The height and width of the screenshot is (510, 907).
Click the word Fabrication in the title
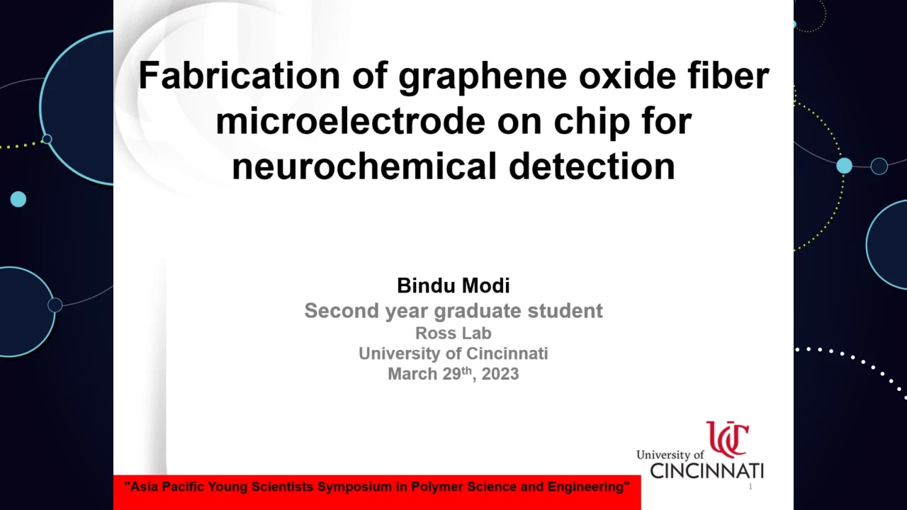pos(240,76)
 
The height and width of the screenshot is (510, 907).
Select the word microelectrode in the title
pos(350,121)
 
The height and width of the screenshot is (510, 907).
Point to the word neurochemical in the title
pos(364,166)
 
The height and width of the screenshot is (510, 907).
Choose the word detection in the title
pos(592,166)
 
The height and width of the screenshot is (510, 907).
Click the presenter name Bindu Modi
pos(453,285)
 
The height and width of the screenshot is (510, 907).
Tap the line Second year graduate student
pos(453,311)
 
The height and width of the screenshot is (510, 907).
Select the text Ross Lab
pos(453,333)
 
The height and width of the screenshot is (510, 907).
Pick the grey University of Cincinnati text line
pos(453,353)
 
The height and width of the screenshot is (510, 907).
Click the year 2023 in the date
pos(500,374)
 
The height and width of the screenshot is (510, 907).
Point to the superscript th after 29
pos(466,370)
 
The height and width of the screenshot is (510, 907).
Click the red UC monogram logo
pos(728,439)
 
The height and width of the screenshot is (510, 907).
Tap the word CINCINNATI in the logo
pos(707,471)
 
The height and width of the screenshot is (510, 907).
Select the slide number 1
pos(750,487)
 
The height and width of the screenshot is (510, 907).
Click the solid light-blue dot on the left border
pos(18,199)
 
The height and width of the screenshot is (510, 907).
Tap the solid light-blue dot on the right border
pos(844,166)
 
